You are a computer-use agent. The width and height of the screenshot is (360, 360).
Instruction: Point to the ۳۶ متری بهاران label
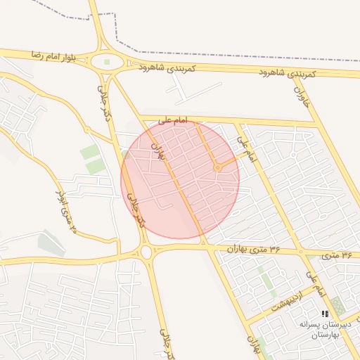pyautogui.click(x=254, y=249)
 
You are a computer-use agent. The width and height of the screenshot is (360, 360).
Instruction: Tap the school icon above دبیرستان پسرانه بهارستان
pyautogui.click(x=324, y=314)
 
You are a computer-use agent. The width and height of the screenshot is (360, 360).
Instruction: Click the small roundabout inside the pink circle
pyautogui.click(x=217, y=168)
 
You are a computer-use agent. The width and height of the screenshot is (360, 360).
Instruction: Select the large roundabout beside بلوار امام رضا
pyautogui.click(x=108, y=62)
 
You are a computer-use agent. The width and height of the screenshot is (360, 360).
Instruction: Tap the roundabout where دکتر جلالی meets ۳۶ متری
pyautogui.click(x=146, y=252)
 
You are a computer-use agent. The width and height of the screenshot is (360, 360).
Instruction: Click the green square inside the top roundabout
pyautogui.click(x=108, y=62)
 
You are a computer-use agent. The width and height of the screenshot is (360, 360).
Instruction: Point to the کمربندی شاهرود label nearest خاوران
pyautogui.click(x=287, y=73)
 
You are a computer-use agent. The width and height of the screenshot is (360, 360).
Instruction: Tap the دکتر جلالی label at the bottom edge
pyautogui.click(x=162, y=342)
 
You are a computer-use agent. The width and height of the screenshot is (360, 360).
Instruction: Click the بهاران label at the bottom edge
pyautogui.click(x=252, y=344)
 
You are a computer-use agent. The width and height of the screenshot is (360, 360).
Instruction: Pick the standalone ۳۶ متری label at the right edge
pyautogui.click(x=337, y=255)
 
